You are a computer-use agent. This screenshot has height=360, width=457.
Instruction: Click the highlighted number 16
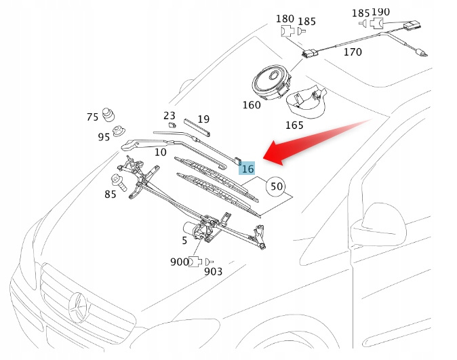247,169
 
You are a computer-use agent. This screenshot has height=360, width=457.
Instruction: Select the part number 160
251,106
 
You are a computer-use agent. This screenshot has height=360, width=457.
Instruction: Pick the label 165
294,125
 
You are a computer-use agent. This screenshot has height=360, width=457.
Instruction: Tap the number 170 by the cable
353,52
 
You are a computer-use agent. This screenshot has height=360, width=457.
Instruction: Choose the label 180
285,18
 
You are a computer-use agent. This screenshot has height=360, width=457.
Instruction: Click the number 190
399,13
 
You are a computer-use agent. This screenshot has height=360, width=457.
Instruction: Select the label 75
92,117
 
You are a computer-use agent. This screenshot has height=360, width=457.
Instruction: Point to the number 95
103,137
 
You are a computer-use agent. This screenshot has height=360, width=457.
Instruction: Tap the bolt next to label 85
117,181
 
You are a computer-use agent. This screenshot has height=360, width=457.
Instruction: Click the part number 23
170,116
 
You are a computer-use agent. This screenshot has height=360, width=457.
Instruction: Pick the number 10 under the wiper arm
160,152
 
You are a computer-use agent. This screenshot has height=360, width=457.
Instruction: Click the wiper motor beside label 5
202,233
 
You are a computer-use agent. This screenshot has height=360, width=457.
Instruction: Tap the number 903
213,272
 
